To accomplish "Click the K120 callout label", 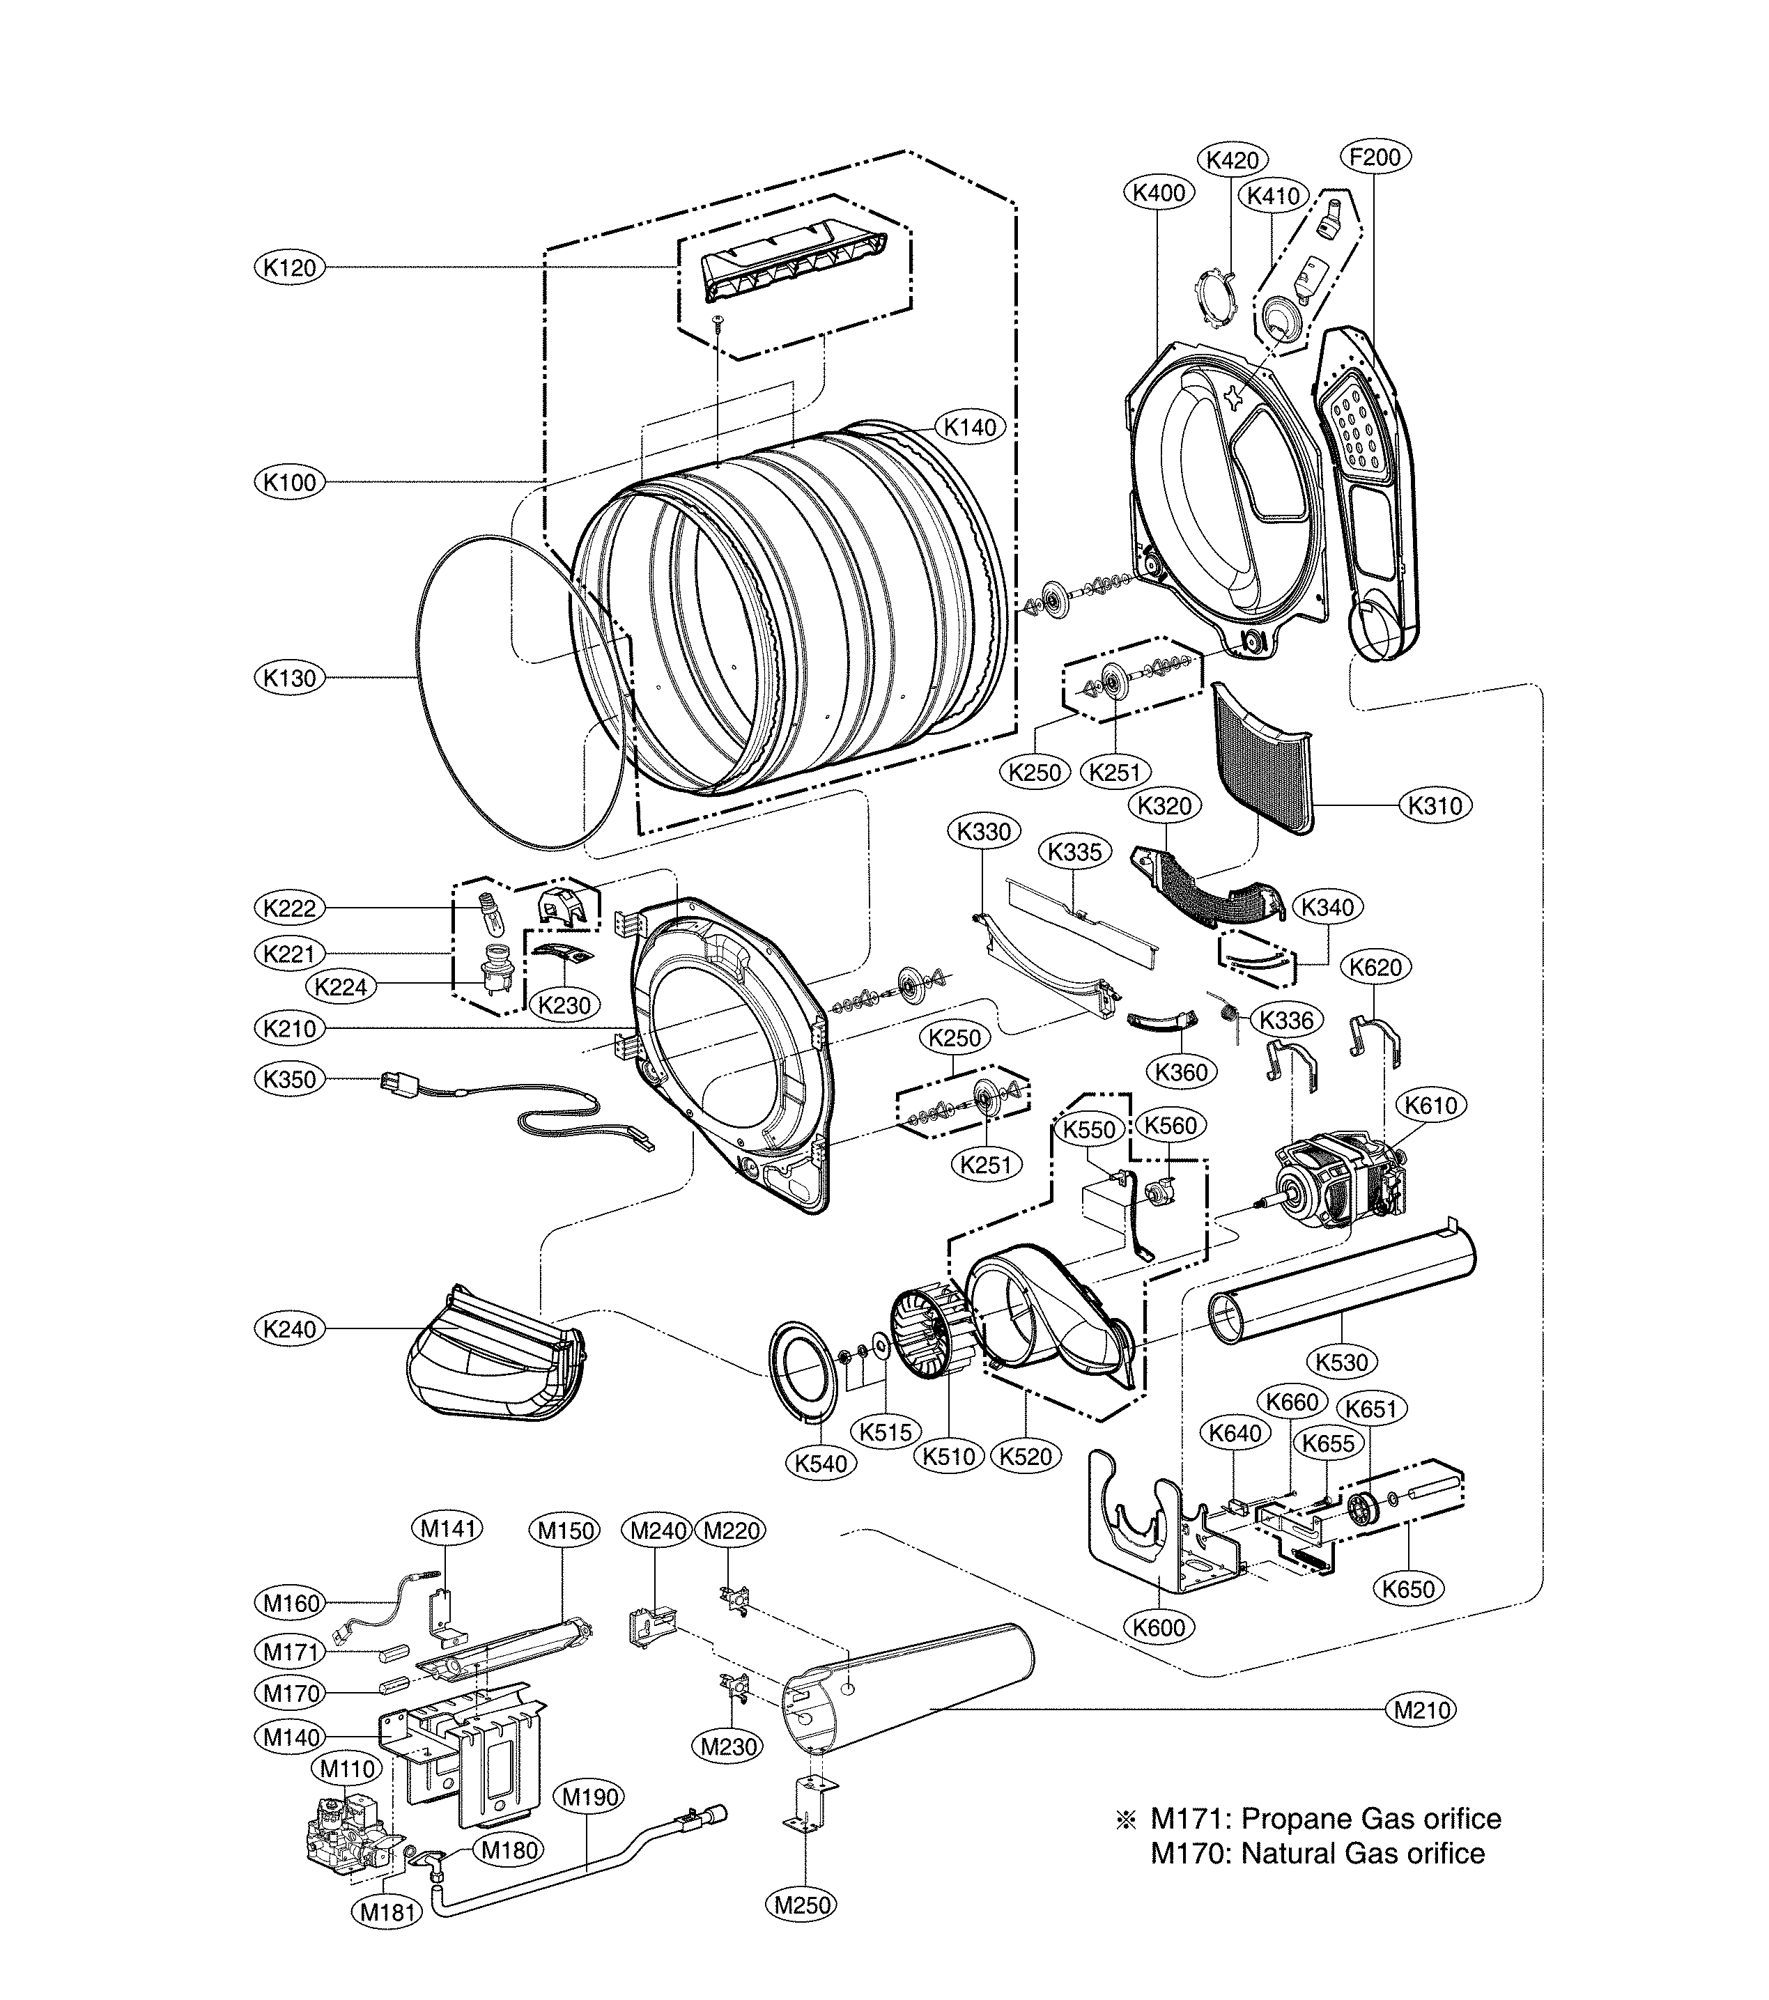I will point(290,267).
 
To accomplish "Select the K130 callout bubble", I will point(290,678).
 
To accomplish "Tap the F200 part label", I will point(1375,157).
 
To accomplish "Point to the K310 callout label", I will point(1435,805).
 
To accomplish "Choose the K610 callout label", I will point(1430,1106).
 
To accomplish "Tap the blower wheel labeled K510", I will point(929,1340).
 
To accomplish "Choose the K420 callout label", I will point(1233,160).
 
